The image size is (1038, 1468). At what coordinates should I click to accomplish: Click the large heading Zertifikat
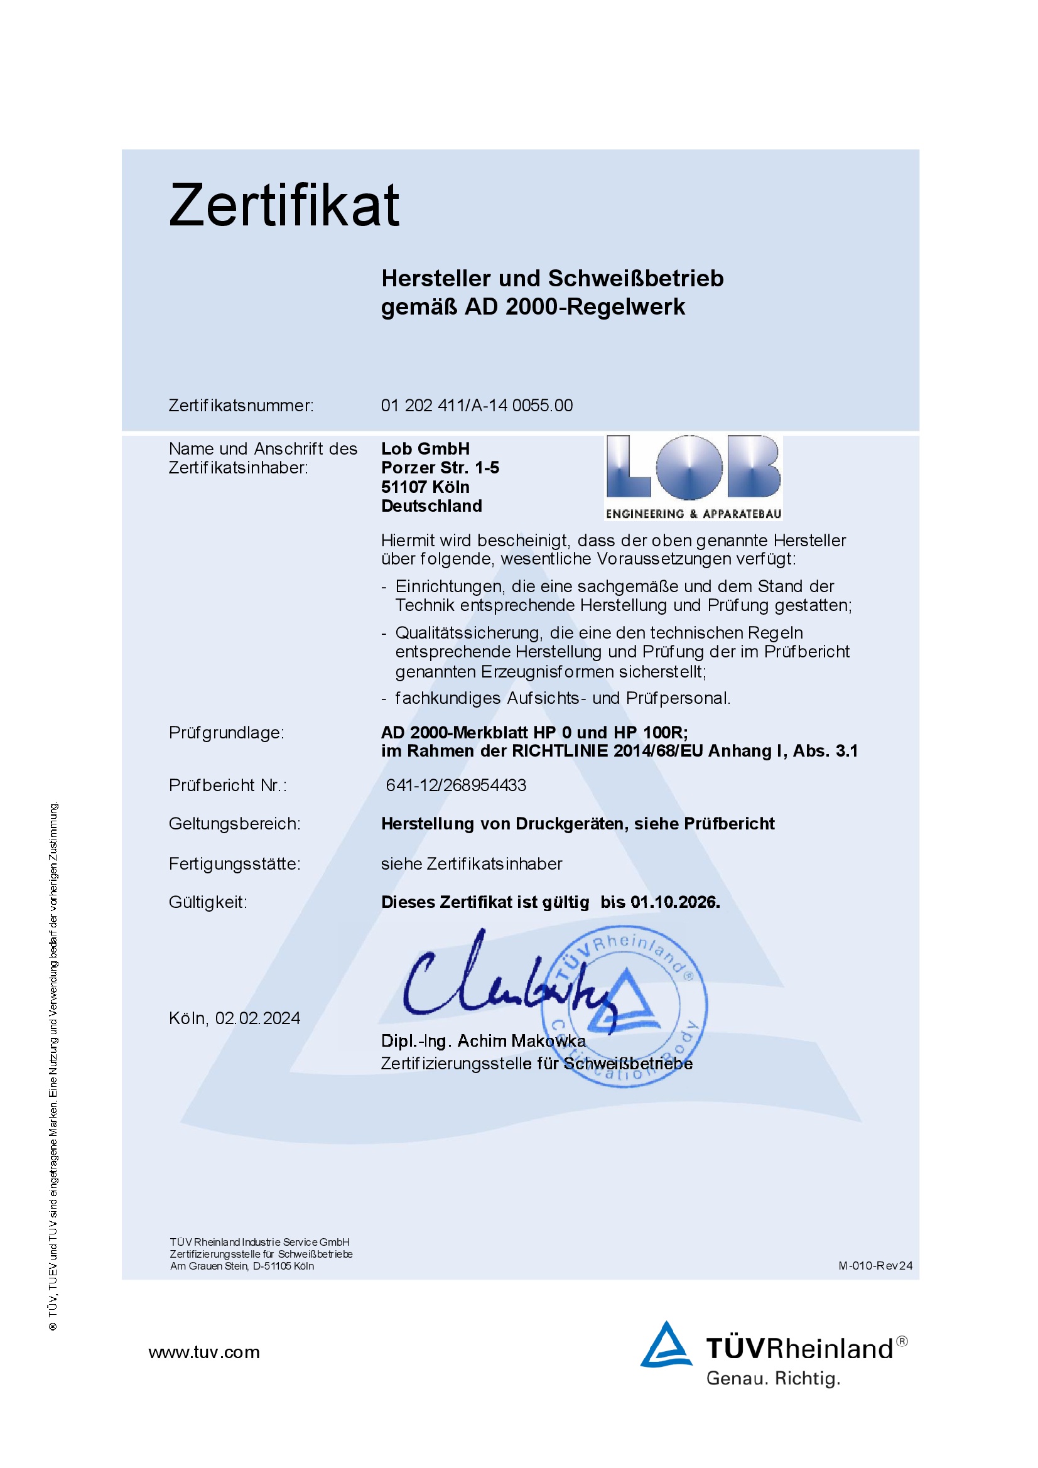click(284, 206)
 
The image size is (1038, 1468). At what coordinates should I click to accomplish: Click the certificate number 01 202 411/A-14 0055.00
click(477, 406)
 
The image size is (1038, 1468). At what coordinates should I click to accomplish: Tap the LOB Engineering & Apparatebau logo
click(693, 477)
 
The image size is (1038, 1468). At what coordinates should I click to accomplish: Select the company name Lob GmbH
click(425, 449)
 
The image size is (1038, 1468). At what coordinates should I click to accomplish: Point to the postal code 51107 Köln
click(425, 487)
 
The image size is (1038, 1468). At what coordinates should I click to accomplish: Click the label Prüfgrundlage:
click(227, 733)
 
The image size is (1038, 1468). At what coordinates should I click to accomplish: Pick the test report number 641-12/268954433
click(456, 785)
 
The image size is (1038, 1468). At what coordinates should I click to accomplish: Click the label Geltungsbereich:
click(234, 824)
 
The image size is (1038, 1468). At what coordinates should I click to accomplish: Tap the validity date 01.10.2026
click(675, 902)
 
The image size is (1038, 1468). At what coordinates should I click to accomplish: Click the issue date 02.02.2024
click(257, 1018)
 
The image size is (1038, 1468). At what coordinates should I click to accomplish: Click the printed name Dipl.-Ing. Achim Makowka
click(483, 1042)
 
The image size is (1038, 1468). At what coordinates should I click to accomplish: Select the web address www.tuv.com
click(204, 1352)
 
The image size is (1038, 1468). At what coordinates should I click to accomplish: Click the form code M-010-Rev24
click(875, 1266)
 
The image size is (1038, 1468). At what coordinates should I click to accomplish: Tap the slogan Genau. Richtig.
click(772, 1378)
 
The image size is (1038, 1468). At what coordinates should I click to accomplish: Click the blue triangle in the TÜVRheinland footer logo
click(666, 1345)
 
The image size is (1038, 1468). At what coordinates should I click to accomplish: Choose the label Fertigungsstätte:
click(234, 864)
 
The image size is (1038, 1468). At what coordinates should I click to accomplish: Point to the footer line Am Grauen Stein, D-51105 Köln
click(242, 1266)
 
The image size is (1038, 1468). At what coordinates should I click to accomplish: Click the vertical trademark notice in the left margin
click(54, 1068)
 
